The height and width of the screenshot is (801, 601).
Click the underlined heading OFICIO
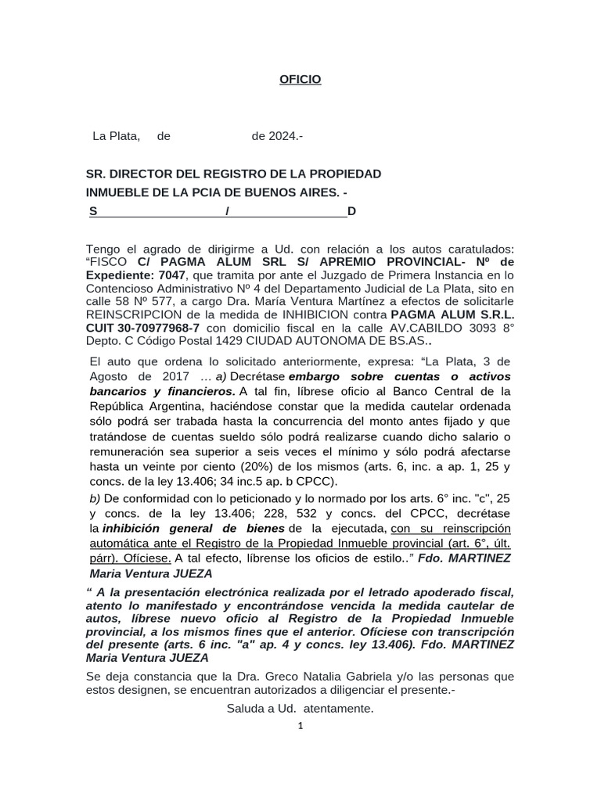300,80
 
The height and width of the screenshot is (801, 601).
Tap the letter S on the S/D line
93,211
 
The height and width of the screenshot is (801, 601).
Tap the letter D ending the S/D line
351,211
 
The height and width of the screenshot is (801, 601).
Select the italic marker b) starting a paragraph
95,497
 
